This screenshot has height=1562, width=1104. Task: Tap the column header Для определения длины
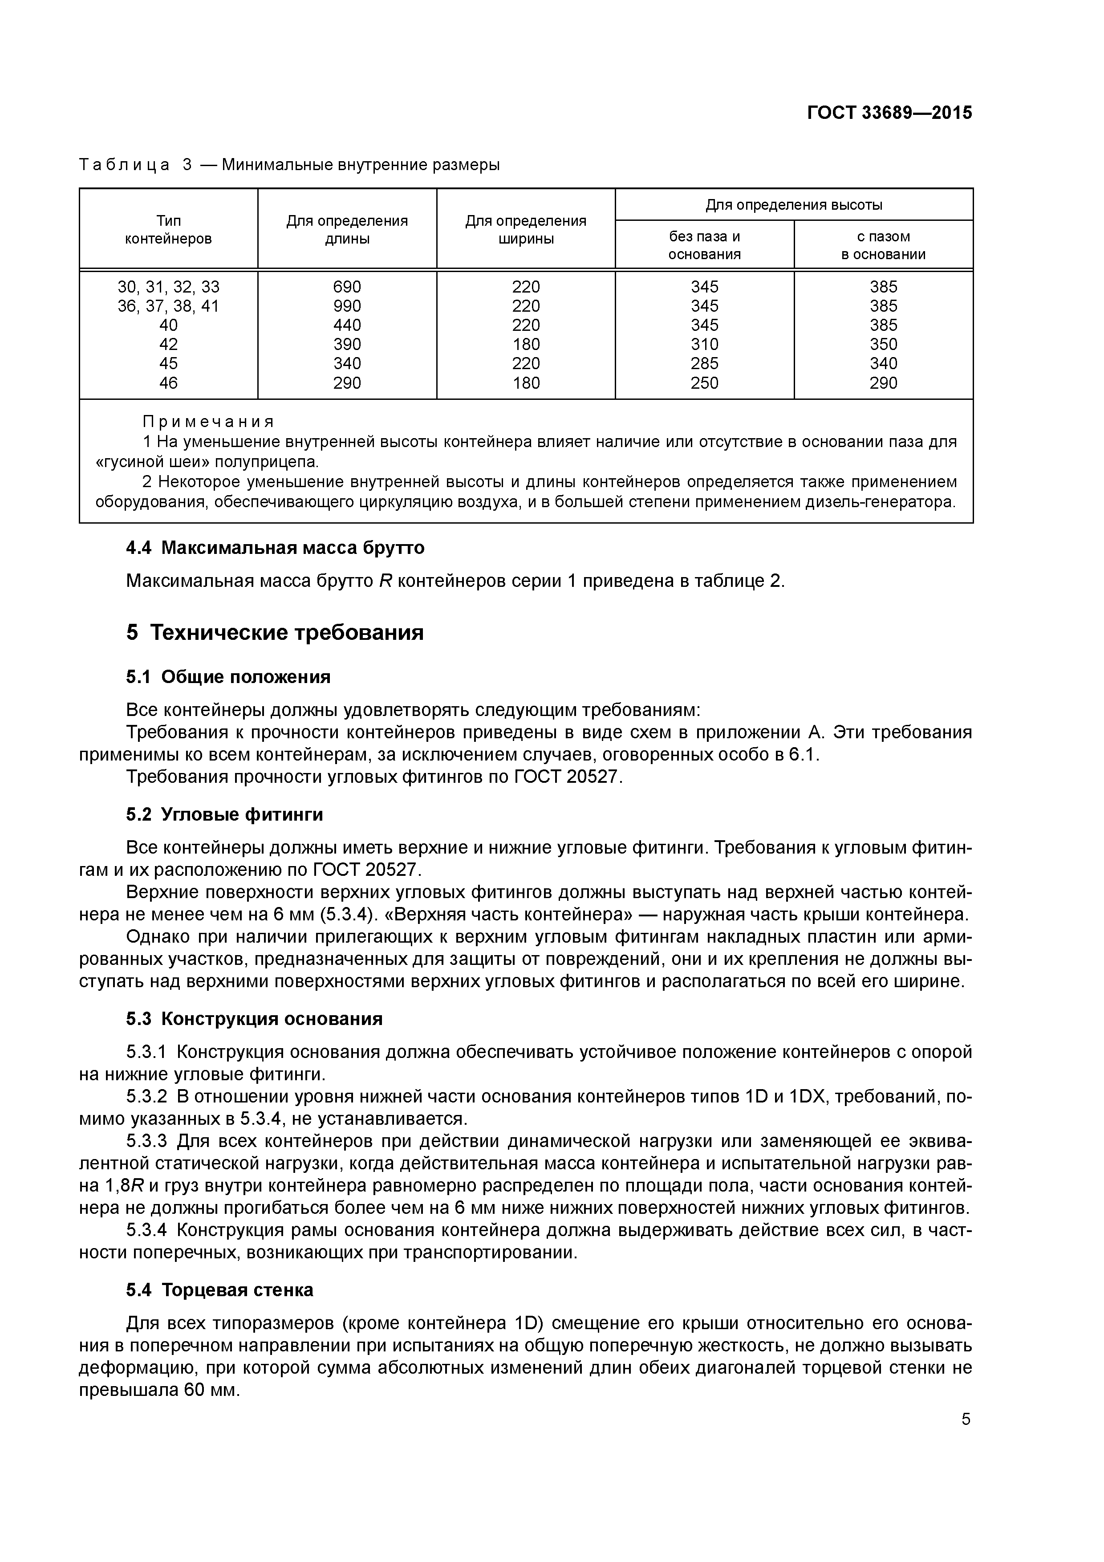(347, 229)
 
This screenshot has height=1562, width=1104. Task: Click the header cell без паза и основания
(704, 245)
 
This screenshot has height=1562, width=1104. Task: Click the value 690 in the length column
(347, 286)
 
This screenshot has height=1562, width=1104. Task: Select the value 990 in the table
(347, 305)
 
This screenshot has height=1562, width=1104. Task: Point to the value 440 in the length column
(347, 325)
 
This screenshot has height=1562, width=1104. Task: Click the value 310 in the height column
(704, 344)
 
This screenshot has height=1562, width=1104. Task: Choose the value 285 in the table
(704, 363)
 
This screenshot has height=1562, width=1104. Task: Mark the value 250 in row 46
(704, 383)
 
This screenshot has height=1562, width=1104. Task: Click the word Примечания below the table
(209, 422)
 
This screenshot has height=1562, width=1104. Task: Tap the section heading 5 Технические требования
(275, 633)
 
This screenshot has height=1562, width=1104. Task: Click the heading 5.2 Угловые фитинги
(224, 814)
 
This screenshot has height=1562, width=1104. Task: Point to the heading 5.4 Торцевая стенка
(220, 1290)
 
